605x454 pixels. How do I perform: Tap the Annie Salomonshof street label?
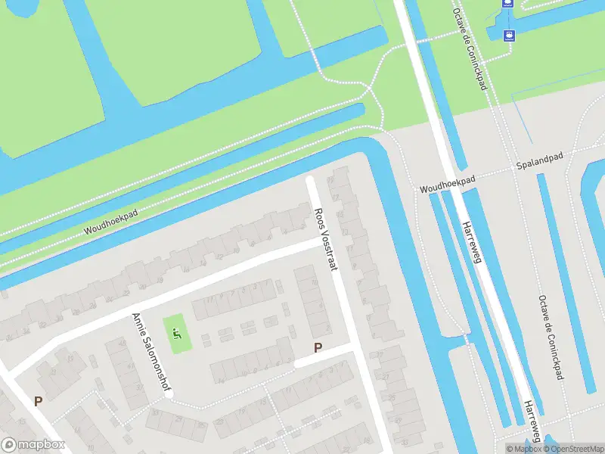click(150, 352)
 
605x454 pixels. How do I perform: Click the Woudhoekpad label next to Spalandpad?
click(447, 183)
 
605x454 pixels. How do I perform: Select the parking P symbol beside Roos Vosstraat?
click(318, 348)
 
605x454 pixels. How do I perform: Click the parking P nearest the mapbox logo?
click(38, 401)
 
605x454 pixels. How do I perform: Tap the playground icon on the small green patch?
click(177, 333)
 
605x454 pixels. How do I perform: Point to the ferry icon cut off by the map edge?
click(507, 3)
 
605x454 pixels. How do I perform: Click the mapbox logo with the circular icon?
click(33, 444)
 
